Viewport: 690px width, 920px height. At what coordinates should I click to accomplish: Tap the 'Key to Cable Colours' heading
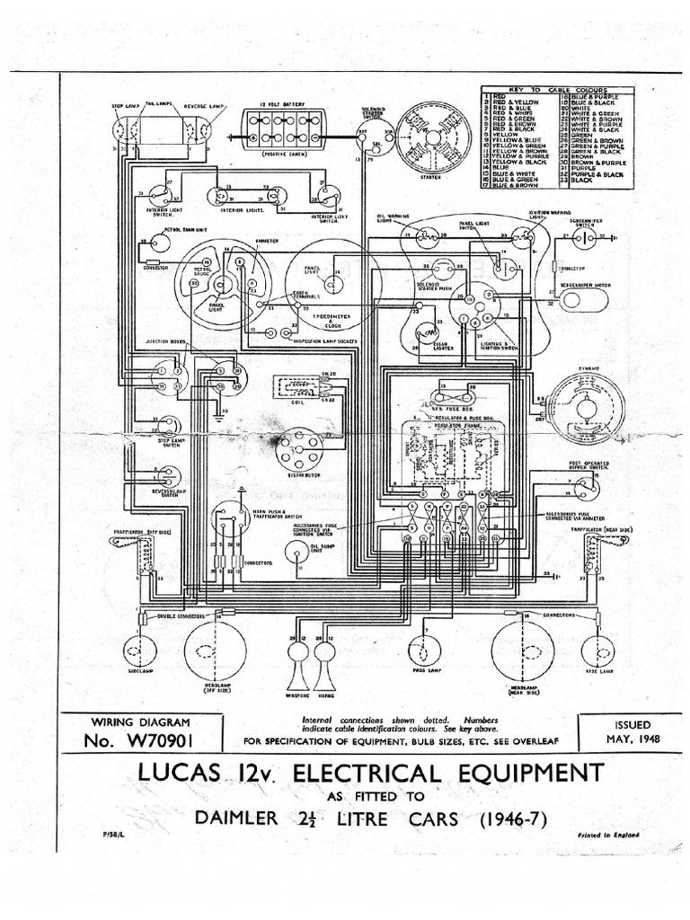pos(557,91)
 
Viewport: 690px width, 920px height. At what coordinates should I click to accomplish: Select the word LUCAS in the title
pos(188,773)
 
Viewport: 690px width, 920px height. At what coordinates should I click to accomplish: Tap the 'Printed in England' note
pos(612,835)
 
